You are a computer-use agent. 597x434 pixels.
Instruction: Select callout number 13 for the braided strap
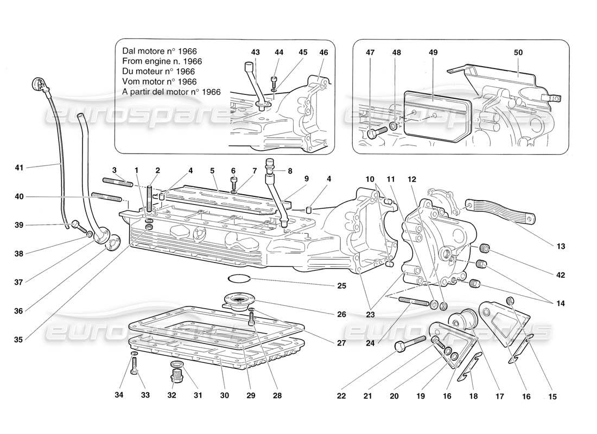point(561,246)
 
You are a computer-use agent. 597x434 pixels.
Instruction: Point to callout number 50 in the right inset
point(518,52)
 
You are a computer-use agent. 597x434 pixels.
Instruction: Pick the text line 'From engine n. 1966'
point(162,61)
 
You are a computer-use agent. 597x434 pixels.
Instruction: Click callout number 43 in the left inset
point(255,52)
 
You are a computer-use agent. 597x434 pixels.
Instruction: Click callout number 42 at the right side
point(561,275)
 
